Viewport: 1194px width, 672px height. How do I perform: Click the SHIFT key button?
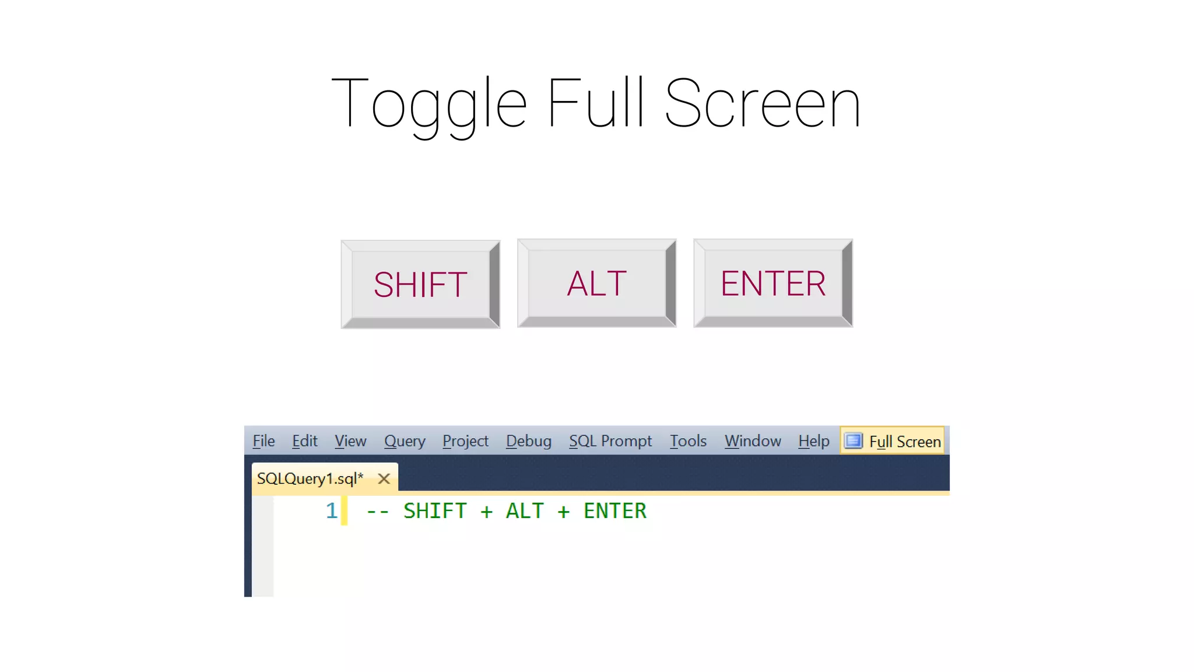click(x=420, y=285)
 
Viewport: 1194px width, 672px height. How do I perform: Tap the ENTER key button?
click(x=773, y=283)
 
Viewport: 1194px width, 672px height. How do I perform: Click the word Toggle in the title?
click(x=429, y=104)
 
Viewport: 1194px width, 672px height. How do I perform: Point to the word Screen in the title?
click(x=762, y=104)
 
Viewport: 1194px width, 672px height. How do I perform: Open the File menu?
click(x=264, y=441)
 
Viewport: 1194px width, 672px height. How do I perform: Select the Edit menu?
click(x=304, y=441)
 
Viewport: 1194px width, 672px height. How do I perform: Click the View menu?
click(x=350, y=441)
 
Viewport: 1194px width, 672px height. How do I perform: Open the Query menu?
click(x=405, y=441)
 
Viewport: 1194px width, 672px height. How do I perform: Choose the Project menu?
click(x=465, y=441)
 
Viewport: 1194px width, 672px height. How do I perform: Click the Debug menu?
click(x=528, y=441)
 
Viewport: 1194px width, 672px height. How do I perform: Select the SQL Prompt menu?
click(x=610, y=441)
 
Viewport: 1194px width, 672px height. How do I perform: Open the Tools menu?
click(x=688, y=441)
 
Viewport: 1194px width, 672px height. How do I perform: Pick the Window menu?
click(x=753, y=441)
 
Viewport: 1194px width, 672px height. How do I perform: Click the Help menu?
click(x=814, y=441)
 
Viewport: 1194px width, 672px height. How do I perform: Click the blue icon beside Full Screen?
click(x=854, y=440)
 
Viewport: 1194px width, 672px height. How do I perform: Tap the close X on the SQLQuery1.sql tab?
click(x=384, y=479)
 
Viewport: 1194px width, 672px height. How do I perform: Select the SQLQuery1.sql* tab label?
click(x=310, y=479)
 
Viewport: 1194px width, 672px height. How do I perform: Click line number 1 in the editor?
click(x=331, y=511)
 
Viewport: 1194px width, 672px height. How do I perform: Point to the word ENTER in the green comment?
click(x=615, y=511)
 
